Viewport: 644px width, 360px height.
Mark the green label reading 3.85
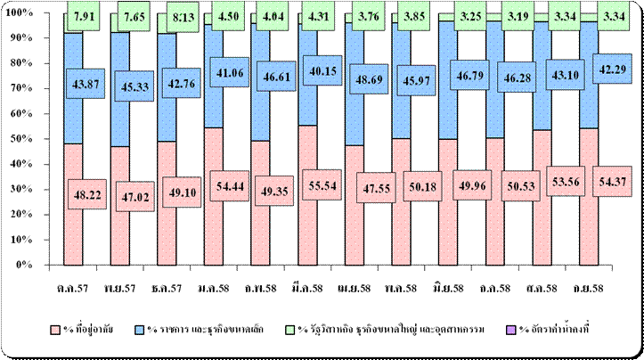pyautogui.click(x=412, y=16)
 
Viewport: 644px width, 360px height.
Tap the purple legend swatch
pyautogui.click(x=506, y=331)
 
